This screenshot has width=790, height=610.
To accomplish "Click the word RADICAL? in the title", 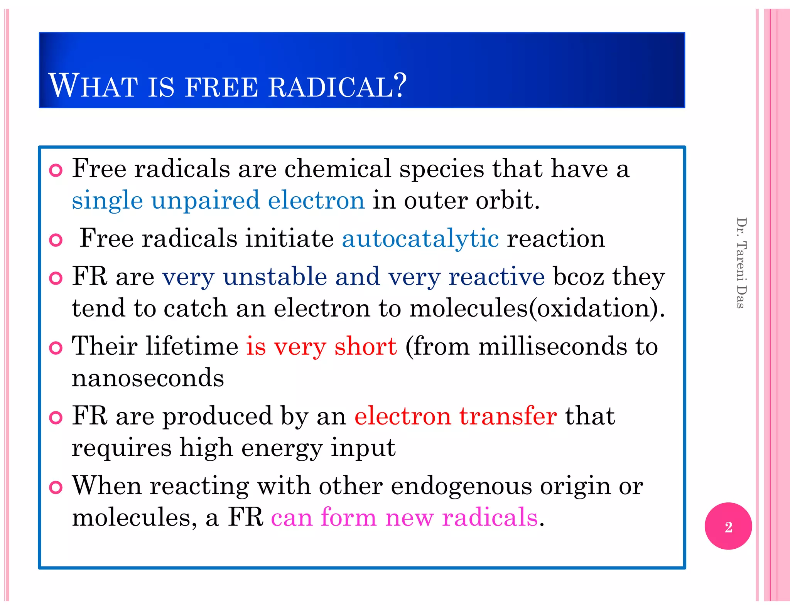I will click(x=338, y=86).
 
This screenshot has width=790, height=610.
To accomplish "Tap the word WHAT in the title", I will click(x=93, y=86).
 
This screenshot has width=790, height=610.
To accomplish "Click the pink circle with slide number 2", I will click(x=728, y=526).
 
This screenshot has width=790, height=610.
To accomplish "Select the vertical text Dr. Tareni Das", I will click(x=741, y=263).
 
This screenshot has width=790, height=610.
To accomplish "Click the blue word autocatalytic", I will click(x=420, y=238).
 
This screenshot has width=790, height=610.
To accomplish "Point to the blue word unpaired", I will click(x=206, y=201).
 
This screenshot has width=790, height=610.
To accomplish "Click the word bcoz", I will click(x=578, y=277).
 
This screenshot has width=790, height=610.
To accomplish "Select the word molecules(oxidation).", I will click(x=537, y=308).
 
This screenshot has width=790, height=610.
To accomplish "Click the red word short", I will click(x=365, y=346).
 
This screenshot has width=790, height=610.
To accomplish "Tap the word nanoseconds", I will click(x=148, y=378).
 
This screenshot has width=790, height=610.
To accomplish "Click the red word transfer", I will click(x=508, y=416).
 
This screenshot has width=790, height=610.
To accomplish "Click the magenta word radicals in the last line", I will click(x=490, y=517).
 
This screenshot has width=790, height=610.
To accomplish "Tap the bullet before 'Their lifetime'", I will click(x=56, y=348).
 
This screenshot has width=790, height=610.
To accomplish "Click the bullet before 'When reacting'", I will click(x=56, y=487).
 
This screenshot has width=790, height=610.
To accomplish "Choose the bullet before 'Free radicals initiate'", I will click(x=56, y=240).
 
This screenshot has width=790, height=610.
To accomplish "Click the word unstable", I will click(x=275, y=277).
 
